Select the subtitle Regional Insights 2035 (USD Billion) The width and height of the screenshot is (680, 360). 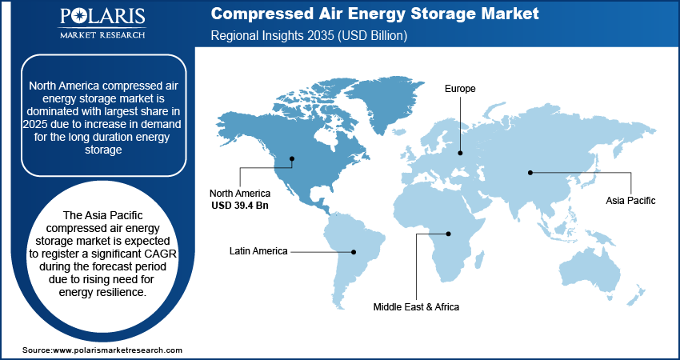pos(310,36)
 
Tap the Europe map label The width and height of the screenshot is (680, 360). pos(460,89)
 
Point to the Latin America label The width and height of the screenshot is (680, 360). pos(258,251)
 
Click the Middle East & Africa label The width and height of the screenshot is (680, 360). pos(416,306)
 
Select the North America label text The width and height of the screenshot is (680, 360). pos(240,194)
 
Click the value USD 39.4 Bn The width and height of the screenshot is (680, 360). pos(240,206)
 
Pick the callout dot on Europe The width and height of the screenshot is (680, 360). pos(460,152)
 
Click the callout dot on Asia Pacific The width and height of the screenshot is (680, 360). pos(530,172)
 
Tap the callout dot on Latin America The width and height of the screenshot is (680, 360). pos(354,251)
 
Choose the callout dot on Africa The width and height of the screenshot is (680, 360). pos(449,234)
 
